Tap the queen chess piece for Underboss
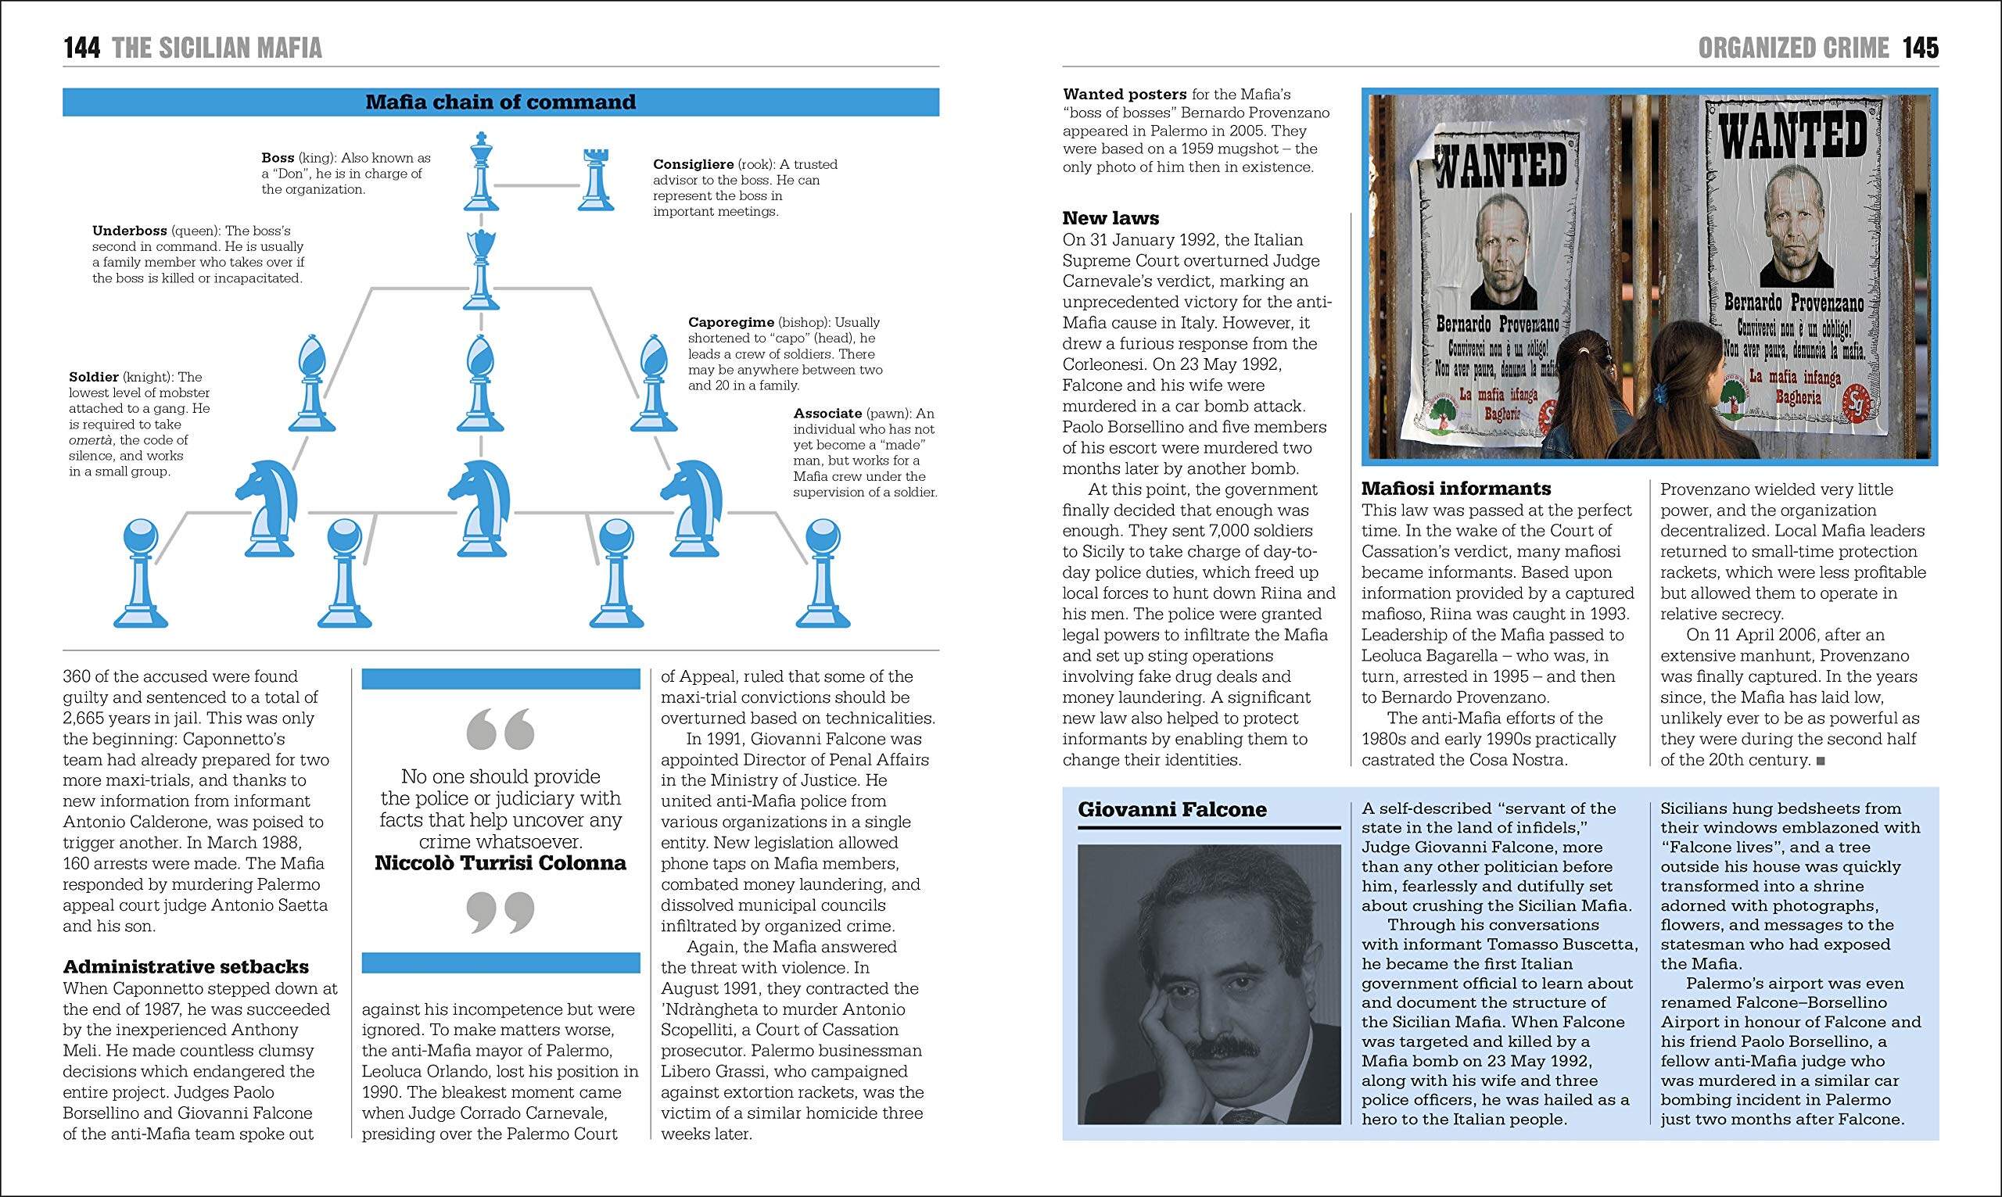coord(482,270)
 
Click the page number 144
coord(81,48)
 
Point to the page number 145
coord(1920,48)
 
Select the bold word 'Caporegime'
coord(730,322)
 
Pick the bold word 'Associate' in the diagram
coord(827,413)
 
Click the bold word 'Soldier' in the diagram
coord(94,377)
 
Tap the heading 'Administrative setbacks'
coord(185,966)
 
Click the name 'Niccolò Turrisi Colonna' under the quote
coord(500,863)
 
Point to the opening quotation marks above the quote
coord(500,729)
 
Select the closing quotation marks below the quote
coord(500,912)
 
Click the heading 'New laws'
coord(1110,218)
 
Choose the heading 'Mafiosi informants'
coord(1456,488)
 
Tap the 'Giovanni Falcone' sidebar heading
coord(1172,809)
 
